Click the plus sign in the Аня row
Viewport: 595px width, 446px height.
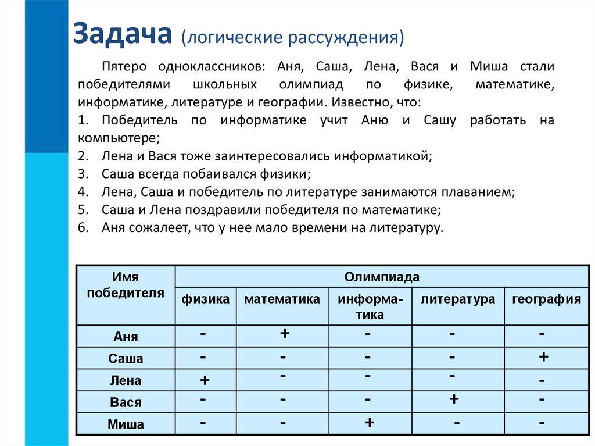tap(285, 334)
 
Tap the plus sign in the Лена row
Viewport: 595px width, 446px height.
tap(205, 380)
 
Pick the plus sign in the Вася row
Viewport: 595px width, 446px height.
tap(454, 399)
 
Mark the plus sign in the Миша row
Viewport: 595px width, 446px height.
tap(369, 423)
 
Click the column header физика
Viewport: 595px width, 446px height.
tap(206, 299)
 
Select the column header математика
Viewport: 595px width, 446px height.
tap(282, 299)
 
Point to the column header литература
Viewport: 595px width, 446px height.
tap(458, 299)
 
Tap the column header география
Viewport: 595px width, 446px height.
tap(546, 299)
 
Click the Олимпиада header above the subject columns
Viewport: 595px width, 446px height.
tap(382, 277)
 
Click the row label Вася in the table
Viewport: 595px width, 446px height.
tap(126, 402)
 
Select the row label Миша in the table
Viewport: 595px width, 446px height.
tap(126, 424)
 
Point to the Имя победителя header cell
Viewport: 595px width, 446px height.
tap(126, 285)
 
